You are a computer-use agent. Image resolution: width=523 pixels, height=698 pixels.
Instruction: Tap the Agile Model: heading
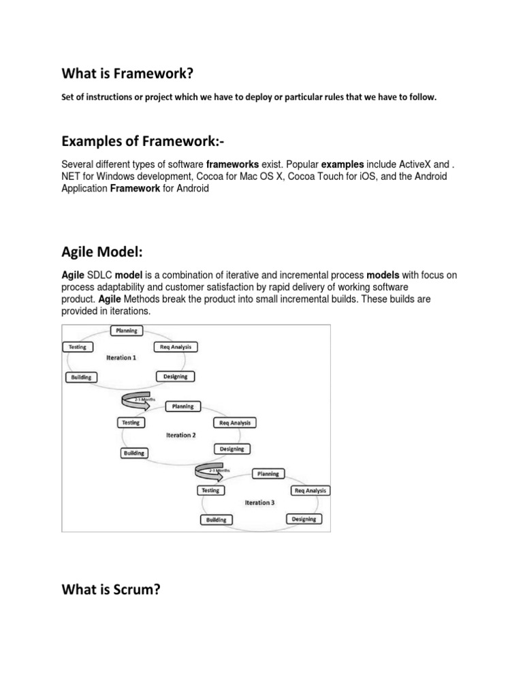tap(102, 252)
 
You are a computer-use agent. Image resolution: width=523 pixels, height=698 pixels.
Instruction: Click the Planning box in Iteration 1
tap(126, 331)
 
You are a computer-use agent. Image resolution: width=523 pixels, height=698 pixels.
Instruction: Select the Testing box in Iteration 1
tap(77, 347)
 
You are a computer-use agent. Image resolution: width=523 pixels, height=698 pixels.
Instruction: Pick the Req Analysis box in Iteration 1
tap(176, 347)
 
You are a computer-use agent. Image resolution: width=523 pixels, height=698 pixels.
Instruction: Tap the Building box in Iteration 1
tap(81, 377)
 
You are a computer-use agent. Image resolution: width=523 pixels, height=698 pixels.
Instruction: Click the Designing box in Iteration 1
tap(176, 376)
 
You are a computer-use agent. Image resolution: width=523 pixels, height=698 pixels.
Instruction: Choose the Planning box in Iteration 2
tap(183, 406)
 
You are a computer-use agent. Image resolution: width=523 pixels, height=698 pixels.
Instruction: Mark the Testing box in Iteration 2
tap(130, 423)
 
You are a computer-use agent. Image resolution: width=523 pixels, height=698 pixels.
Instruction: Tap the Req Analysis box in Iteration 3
tap(311, 491)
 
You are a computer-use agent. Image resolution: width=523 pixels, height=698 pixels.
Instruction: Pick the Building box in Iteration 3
tap(217, 520)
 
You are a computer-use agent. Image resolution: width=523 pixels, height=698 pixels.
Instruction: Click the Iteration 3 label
tap(259, 502)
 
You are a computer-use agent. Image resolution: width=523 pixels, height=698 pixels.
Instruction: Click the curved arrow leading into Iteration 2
tap(136, 400)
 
